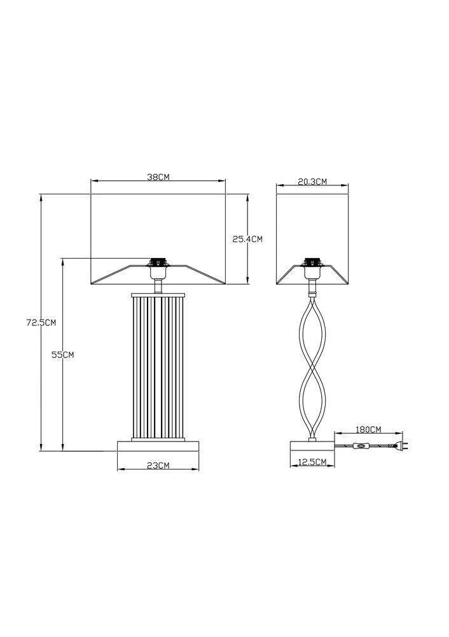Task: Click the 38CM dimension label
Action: (x=158, y=177)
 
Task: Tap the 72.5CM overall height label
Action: (x=41, y=322)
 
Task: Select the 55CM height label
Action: (x=63, y=355)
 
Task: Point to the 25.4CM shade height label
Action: (x=247, y=240)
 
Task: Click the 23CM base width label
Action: (x=158, y=466)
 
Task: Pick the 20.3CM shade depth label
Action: (x=312, y=182)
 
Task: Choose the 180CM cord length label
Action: (x=369, y=429)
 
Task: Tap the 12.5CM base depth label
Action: (x=312, y=462)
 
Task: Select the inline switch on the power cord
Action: (x=360, y=447)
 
